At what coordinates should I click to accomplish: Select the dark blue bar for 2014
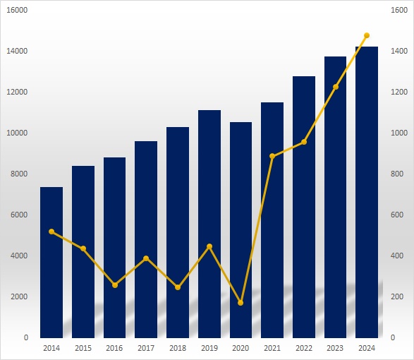click(x=51, y=262)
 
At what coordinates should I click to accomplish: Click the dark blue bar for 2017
click(x=146, y=239)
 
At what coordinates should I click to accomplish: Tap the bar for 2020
click(x=241, y=230)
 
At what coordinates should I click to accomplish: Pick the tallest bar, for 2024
click(x=367, y=192)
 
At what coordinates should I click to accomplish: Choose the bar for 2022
click(x=304, y=207)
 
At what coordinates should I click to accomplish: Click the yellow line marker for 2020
click(x=241, y=303)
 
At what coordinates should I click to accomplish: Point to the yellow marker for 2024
click(x=367, y=35)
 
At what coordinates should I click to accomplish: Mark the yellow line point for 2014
click(x=51, y=232)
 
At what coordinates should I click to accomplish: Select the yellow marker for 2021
click(x=272, y=156)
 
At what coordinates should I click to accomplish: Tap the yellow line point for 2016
click(x=115, y=285)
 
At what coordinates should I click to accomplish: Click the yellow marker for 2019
click(x=209, y=246)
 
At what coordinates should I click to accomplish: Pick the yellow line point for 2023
click(x=336, y=87)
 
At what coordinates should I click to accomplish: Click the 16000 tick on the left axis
click(x=17, y=10)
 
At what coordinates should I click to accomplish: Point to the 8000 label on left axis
click(x=19, y=174)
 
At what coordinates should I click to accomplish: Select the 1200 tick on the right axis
click(x=399, y=92)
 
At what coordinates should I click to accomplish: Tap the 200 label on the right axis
click(x=397, y=296)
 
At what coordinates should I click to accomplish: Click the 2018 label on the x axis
click(x=178, y=348)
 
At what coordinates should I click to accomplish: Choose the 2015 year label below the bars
click(x=83, y=348)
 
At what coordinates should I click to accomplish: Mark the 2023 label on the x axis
click(x=335, y=348)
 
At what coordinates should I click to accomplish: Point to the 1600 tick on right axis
click(x=399, y=10)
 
